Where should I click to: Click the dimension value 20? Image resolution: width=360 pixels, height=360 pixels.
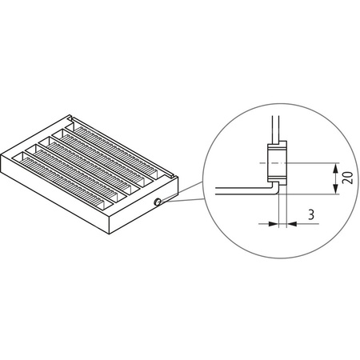click(x=346, y=178)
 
